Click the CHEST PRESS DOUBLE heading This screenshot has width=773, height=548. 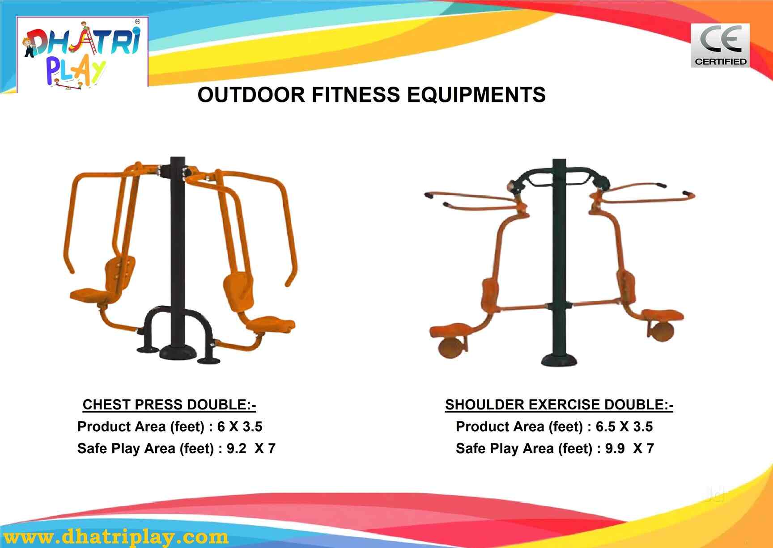point(169,405)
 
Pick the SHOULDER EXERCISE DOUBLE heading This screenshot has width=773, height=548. point(559,405)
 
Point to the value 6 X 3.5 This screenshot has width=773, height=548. point(240,426)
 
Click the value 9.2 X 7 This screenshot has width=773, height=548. point(251,448)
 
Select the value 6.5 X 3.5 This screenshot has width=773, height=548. point(624,426)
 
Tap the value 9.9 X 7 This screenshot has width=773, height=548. point(629,448)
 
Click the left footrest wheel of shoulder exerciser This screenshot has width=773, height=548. point(452,347)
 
